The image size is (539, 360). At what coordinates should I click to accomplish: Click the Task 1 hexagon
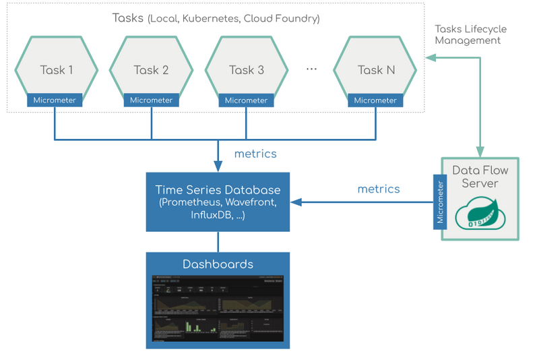click(x=57, y=69)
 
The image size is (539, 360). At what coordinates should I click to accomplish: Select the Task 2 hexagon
click(x=151, y=69)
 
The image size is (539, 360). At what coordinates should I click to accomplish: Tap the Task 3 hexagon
click(x=247, y=69)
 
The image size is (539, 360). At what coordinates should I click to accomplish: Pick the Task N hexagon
click(x=375, y=69)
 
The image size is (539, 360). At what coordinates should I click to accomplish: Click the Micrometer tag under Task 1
click(x=55, y=100)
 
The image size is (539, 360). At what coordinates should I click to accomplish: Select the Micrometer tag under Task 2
click(x=151, y=100)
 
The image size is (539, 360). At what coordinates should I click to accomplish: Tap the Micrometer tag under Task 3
click(x=247, y=100)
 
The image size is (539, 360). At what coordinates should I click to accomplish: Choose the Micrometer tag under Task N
click(x=375, y=100)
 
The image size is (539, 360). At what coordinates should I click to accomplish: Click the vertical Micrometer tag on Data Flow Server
click(x=441, y=202)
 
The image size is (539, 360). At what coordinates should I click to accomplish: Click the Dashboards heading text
click(x=218, y=264)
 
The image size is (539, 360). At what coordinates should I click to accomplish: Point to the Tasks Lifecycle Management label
click(x=470, y=35)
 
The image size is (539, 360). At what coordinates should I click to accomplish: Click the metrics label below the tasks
click(x=255, y=154)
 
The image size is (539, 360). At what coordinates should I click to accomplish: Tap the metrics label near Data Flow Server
click(x=378, y=189)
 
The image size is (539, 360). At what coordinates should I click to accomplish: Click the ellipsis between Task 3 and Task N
click(x=311, y=69)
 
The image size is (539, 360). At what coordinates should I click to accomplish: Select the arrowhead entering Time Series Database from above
click(x=218, y=167)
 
